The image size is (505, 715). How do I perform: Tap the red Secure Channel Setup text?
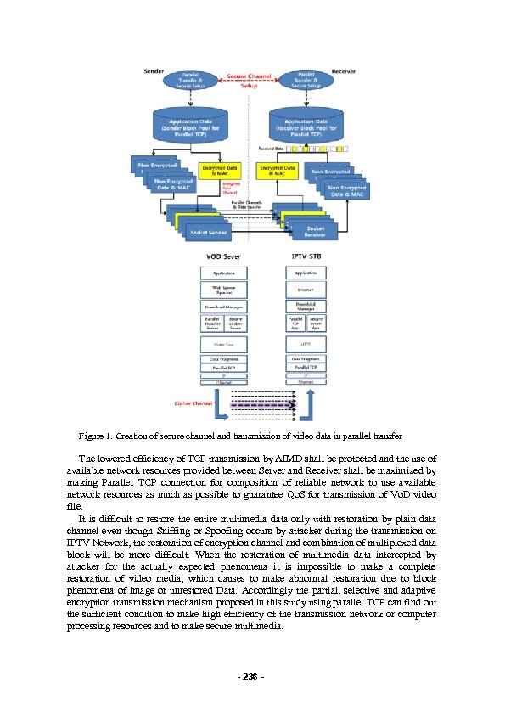[249, 81]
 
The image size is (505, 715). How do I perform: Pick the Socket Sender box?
[207, 232]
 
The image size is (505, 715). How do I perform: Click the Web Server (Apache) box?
[224, 289]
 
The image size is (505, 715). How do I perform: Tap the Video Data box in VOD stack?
[224, 344]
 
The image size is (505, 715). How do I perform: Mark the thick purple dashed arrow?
[256, 406]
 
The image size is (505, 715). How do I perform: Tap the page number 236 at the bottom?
[252, 677]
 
